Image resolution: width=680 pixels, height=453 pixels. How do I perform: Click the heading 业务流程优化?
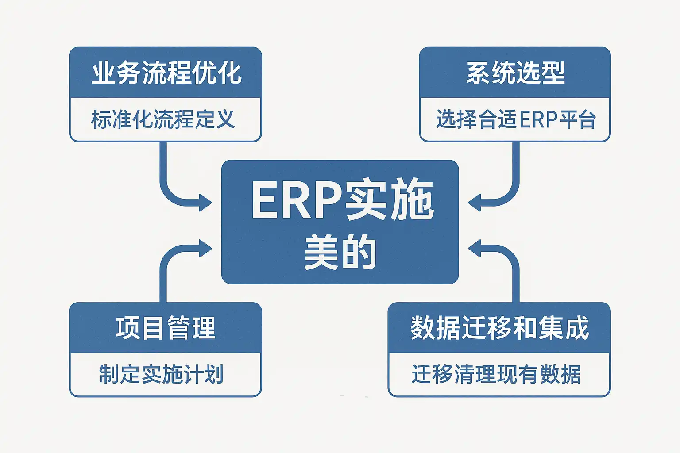point(166,73)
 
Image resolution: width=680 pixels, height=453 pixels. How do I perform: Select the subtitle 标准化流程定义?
point(162,119)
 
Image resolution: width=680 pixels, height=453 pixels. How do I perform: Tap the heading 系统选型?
point(515,73)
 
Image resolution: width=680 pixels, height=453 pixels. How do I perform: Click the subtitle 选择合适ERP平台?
point(516,119)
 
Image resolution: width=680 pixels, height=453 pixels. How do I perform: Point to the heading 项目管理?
point(166,328)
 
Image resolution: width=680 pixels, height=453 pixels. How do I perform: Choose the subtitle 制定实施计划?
point(161,374)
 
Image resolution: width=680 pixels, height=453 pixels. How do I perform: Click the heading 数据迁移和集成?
point(500,328)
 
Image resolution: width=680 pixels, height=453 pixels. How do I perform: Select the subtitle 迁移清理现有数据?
point(496,374)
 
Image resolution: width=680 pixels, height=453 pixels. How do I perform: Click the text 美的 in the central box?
point(340,253)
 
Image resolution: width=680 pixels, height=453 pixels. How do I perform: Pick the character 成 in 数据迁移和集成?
point(577,328)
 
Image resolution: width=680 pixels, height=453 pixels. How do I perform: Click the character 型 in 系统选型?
point(553,73)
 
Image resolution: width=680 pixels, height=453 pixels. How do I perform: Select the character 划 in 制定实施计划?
point(214,374)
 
